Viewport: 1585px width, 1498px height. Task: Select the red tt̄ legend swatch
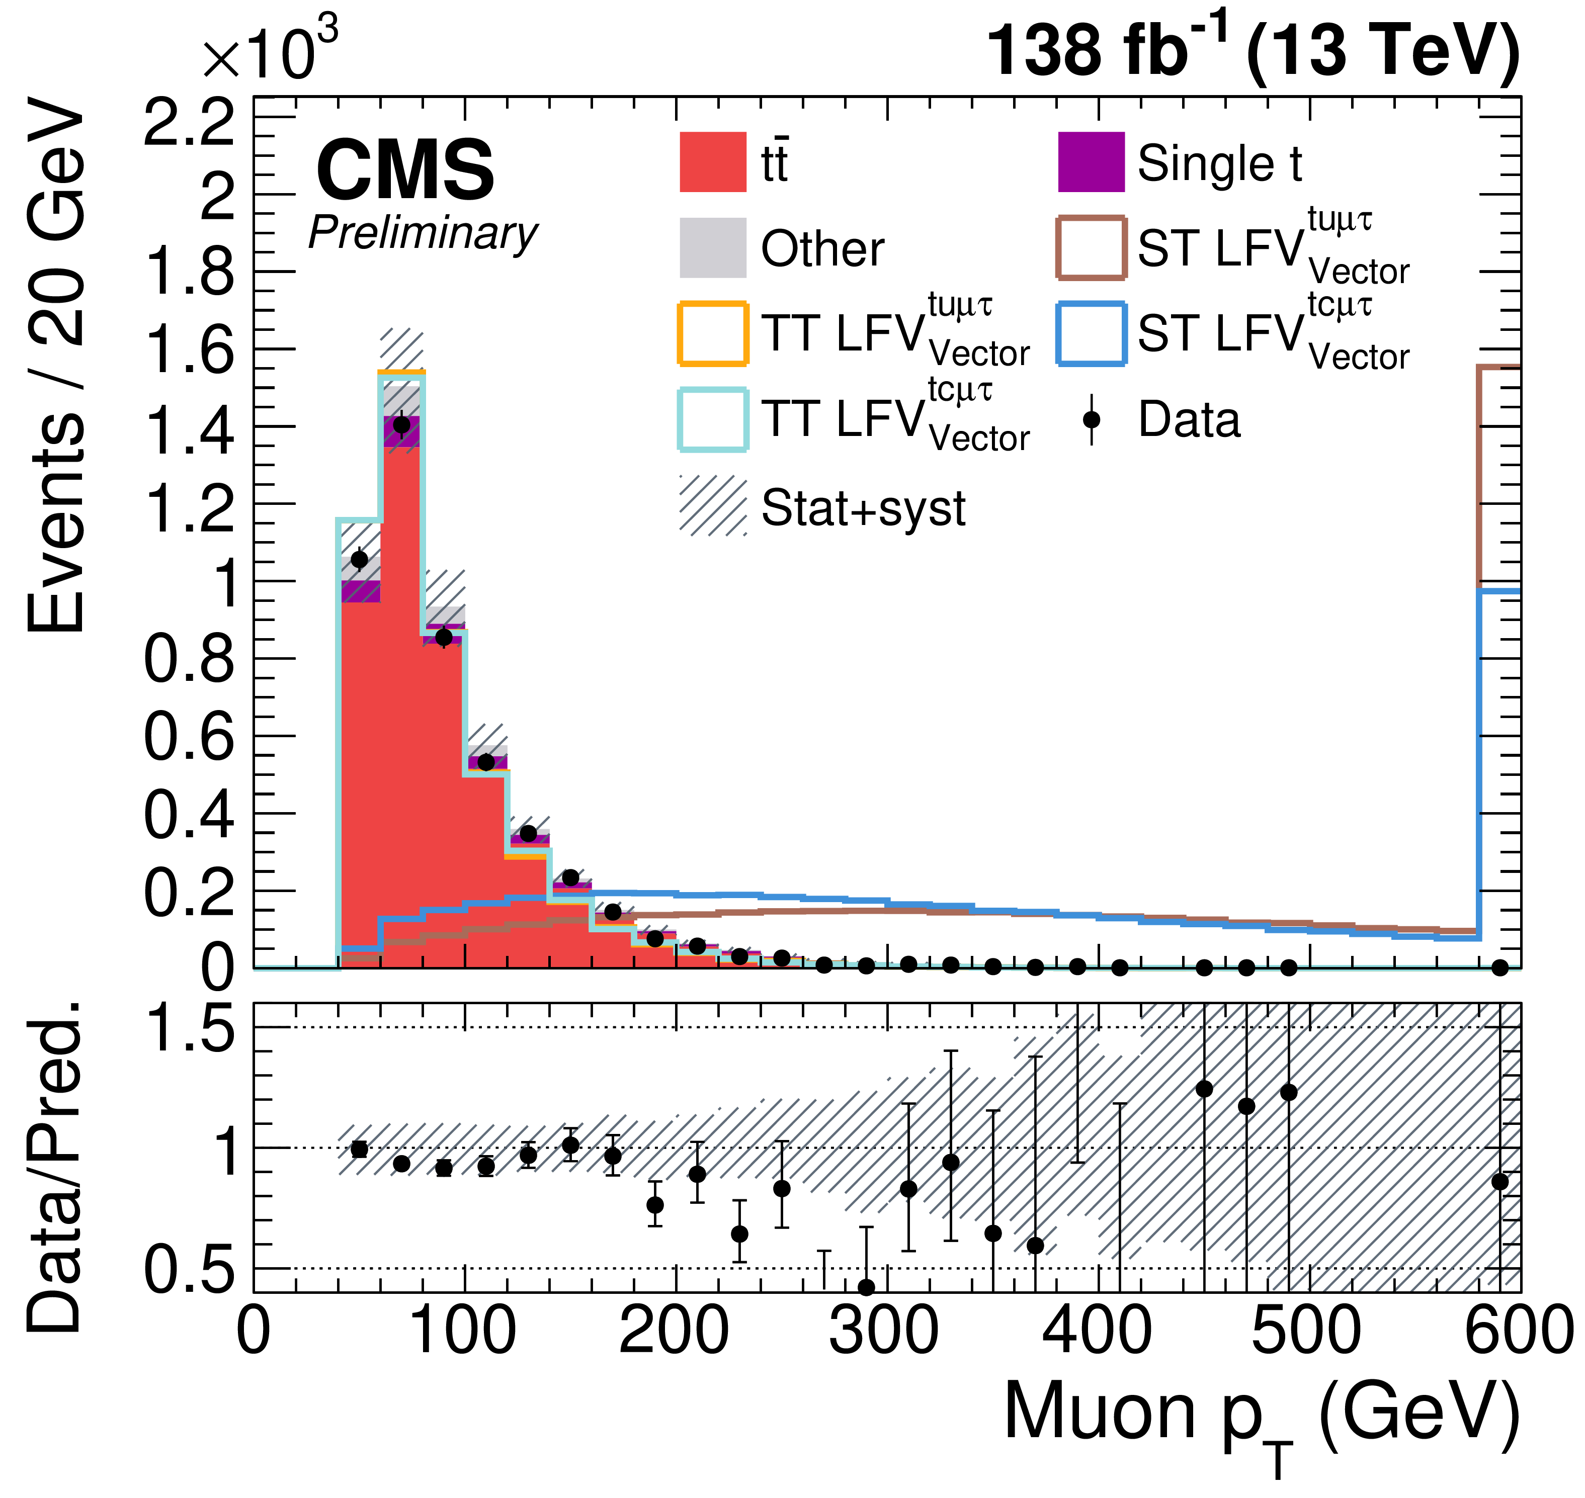coord(713,162)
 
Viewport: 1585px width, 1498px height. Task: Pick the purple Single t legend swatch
coord(1091,162)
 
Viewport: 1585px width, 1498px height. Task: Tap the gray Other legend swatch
coord(713,247)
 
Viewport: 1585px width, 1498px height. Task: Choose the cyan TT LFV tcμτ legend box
coord(713,419)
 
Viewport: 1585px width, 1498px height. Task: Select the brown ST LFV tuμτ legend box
coord(1091,247)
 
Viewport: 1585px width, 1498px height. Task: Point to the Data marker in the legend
coord(1091,419)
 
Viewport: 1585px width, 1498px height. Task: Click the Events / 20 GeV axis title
coord(56,367)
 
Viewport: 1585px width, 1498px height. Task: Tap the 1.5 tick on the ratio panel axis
coord(189,1028)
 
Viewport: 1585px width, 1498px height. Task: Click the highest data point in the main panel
coord(402,425)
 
